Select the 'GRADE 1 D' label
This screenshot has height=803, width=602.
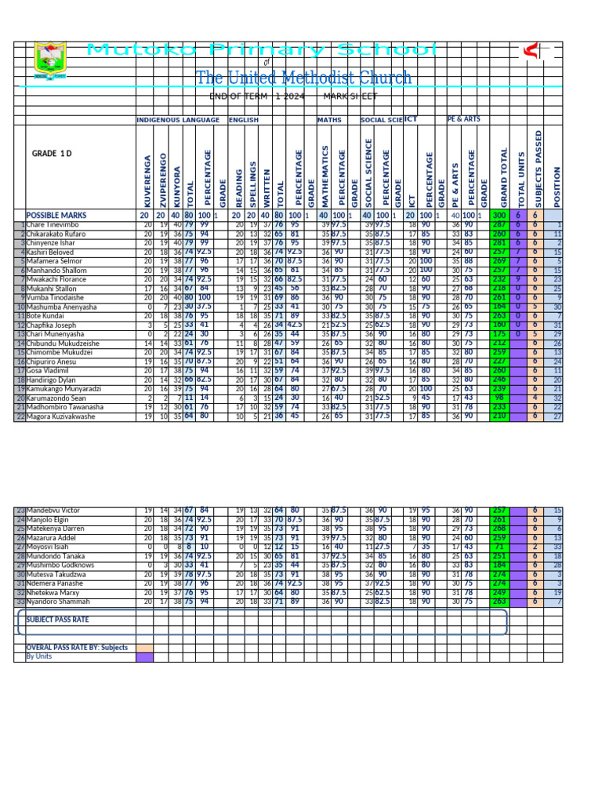(x=52, y=153)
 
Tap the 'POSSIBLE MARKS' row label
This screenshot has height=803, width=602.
(x=56, y=215)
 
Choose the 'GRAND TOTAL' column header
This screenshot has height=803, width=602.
(x=503, y=177)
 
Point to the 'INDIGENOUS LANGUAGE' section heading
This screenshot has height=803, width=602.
(x=179, y=120)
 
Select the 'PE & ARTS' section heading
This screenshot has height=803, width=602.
(x=464, y=119)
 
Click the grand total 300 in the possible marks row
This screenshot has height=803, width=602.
(x=499, y=215)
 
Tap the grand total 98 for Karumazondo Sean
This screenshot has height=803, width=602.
(x=499, y=398)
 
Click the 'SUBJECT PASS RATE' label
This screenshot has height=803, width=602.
(x=57, y=620)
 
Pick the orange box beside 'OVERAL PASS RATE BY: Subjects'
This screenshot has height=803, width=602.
(x=145, y=648)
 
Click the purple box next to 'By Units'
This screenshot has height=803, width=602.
(x=145, y=657)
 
